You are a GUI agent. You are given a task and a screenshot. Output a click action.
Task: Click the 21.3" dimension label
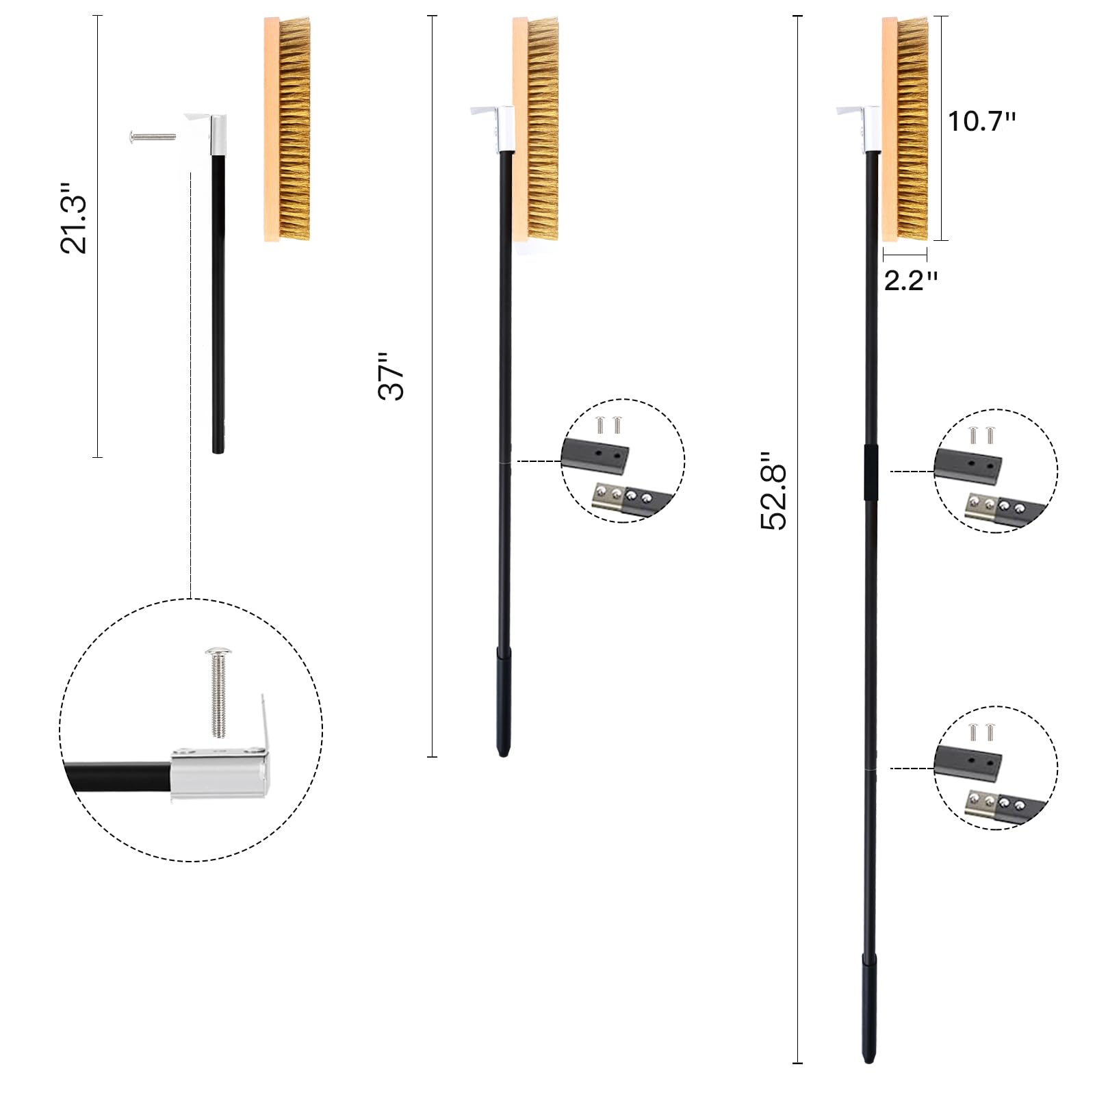pos(74,218)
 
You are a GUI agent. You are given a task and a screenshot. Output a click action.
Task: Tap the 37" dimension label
pos(392,376)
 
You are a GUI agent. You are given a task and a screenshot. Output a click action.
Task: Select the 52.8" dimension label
pos(774,490)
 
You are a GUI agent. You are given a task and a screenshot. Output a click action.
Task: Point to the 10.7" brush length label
pos(981,121)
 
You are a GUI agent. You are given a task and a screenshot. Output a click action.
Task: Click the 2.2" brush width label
pos(910,281)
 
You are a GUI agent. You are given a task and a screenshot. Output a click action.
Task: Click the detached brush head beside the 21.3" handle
pos(287,129)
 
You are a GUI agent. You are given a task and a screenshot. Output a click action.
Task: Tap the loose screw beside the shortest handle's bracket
pos(152,137)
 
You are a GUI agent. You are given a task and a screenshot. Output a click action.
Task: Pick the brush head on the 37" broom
pos(536,129)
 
